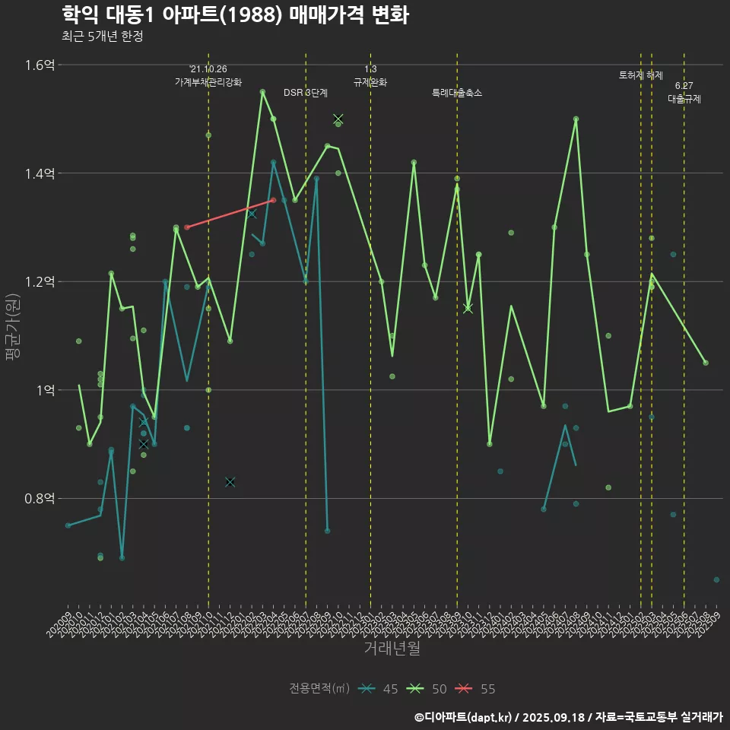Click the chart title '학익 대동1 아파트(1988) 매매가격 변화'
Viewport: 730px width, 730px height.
[235, 14]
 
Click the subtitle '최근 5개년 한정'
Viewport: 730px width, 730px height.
[102, 36]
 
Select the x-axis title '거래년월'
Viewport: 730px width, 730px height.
[392, 649]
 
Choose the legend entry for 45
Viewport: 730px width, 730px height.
[379, 689]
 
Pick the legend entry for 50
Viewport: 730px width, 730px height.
[427, 689]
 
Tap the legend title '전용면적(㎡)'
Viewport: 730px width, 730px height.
[319, 689]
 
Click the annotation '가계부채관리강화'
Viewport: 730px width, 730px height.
[208, 81]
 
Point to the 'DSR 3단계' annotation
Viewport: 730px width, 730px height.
[306, 93]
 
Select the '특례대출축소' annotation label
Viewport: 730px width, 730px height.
[457, 93]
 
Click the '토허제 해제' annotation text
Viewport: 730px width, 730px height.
[641, 75]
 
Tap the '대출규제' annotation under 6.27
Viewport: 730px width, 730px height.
[684, 99]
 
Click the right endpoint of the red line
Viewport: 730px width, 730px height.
[273, 201]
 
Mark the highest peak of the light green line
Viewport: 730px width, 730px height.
[262, 92]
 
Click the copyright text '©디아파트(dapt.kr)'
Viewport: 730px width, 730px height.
[463, 716]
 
